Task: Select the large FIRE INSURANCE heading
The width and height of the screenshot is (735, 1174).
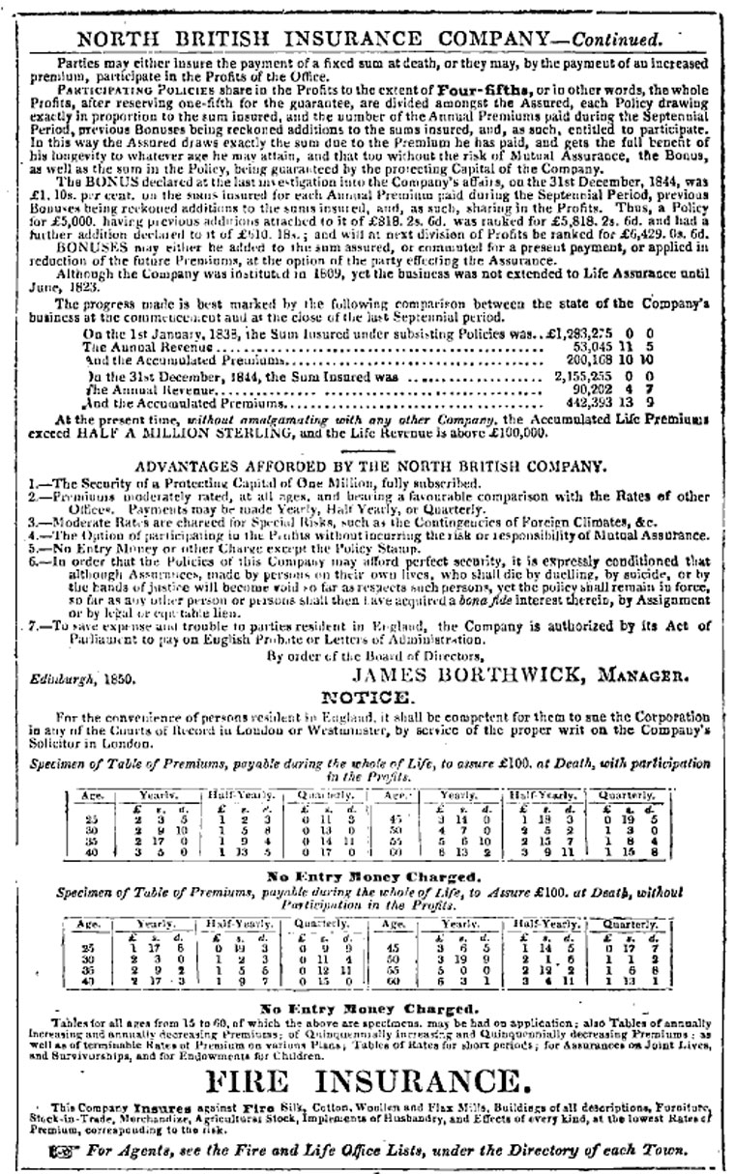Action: click(367, 1078)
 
